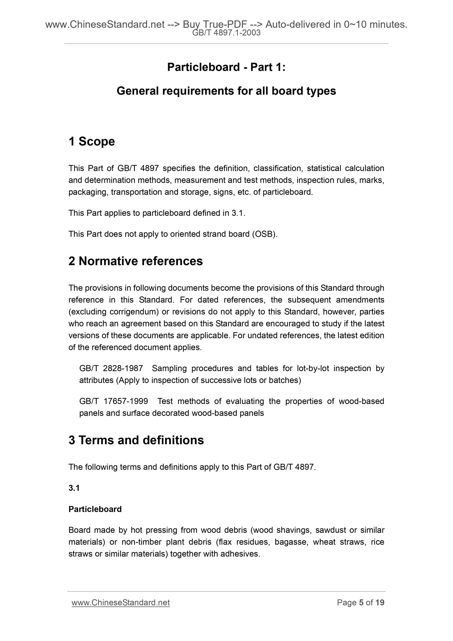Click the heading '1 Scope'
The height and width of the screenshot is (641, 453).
coord(91,141)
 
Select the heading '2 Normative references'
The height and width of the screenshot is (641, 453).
coord(135,261)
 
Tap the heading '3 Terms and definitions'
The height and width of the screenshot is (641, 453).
coord(136,440)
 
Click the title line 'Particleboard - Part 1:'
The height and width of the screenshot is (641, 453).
coord(226,67)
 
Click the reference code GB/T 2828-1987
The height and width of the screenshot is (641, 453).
coord(111,369)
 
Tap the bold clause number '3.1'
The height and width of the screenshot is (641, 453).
coord(74,488)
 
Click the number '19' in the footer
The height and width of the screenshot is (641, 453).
coord(380,603)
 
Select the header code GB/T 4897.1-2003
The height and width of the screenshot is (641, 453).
coord(226,33)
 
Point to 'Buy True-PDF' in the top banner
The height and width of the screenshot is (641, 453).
coord(215,25)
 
